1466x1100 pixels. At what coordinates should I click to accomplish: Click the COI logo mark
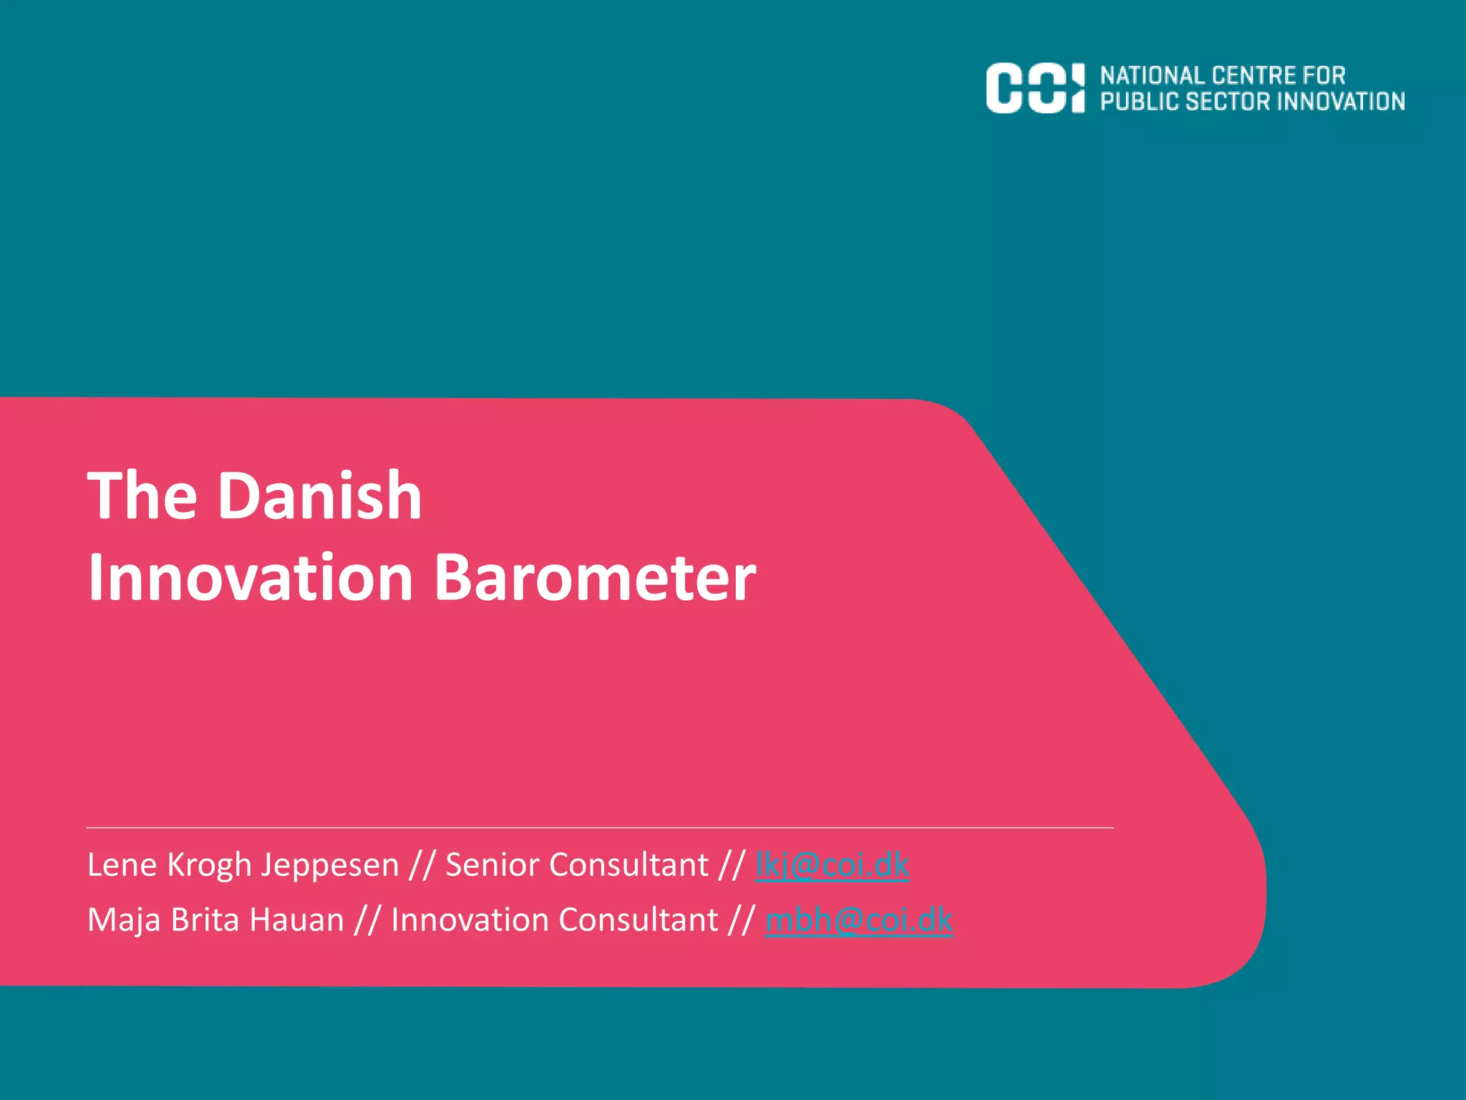(x=1034, y=88)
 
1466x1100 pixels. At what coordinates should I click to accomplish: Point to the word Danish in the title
(x=319, y=496)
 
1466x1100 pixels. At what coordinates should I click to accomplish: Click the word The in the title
(x=142, y=496)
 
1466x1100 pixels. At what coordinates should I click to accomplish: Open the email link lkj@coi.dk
(x=832, y=865)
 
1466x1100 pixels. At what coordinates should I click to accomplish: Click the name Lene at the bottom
(x=121, y=865)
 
